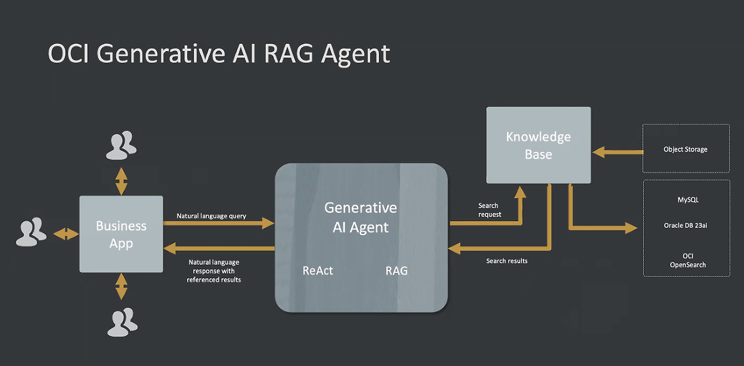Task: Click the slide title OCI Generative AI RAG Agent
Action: coord(219,54)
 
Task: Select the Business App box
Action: coord(121,234)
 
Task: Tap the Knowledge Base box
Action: coord(538,145)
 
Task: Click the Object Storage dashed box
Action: coord(686,149)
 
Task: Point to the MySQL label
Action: coord(688,200)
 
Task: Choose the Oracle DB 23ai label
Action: coord(685,226)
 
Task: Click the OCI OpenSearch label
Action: coord(688,260)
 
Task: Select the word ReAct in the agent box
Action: coord(318,271)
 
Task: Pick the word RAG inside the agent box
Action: coord(396,271)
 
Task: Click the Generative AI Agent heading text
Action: coord(360,218)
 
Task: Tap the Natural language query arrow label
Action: coord(212,216)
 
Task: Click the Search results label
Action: coord(507,261)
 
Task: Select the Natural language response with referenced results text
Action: coord(214,271)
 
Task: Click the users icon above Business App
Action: coord(121,145)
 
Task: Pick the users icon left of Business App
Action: coord(31,232)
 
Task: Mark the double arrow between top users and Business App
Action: coord(121,181)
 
